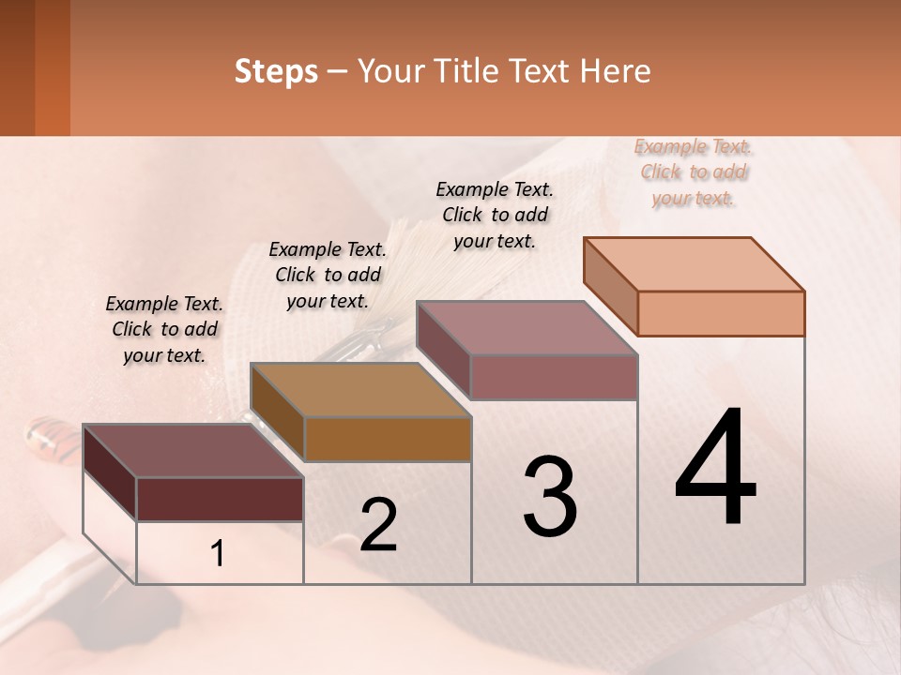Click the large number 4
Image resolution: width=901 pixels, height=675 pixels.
(715, 469)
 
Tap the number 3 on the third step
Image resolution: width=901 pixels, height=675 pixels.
(550, 497)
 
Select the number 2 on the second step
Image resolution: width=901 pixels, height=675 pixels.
(378, 525)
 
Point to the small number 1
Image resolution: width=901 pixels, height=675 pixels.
(218, 554)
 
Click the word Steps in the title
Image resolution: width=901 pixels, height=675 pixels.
(276, 71)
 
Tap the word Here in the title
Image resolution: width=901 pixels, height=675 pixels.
(616, 71)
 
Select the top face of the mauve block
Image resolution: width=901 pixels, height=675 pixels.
(527, 327)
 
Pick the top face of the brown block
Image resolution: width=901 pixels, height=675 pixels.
(360, 390)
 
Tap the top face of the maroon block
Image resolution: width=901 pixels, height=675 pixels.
(193, 451)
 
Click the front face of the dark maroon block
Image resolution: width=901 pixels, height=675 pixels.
(220, 499)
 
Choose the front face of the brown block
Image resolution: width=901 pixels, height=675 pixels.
(387, 439)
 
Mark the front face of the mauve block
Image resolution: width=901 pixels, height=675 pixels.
(554, 377)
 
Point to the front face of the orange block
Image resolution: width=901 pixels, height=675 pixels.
(721, 313)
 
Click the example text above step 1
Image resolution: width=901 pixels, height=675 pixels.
(165, 329)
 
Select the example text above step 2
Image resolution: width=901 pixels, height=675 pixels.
(328, 275)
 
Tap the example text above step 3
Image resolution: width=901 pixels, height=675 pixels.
(495, 215)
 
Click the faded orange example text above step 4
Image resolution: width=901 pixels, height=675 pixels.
(694, 172)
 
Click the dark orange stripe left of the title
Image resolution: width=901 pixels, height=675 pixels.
(52, 67)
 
